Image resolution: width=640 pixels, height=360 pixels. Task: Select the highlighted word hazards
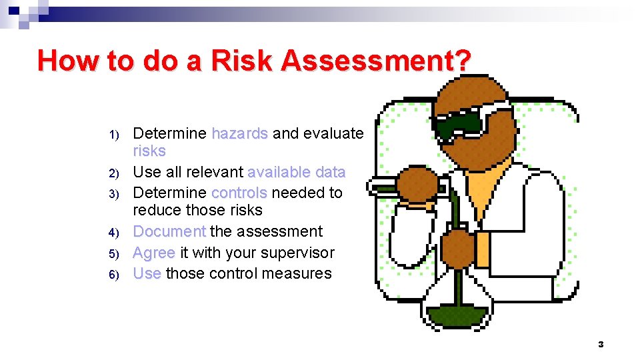[239, 133]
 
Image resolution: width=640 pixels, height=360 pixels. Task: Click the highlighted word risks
[149, 151]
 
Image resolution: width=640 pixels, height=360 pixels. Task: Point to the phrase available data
[296, 172]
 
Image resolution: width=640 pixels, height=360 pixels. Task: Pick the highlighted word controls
[239, 193]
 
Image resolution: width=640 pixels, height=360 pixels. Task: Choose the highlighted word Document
[169, 231]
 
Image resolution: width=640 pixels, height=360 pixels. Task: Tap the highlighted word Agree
[154, 253]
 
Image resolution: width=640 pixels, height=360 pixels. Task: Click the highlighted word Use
[147, 273]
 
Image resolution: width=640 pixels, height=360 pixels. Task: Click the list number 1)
[114, 135]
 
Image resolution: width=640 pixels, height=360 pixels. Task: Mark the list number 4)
[114, 233]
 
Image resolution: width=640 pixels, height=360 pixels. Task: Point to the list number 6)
[114, 275]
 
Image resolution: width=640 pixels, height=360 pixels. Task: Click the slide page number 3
[601, 344]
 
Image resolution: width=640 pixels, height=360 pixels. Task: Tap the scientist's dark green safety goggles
[460, 123]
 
